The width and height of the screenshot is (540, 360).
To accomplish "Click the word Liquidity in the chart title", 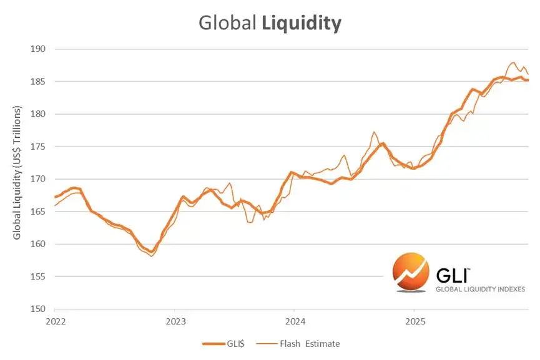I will [302, 23].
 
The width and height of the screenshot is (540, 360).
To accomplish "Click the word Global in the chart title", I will [227, 23].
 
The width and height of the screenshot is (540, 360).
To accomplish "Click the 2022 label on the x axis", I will [56, 321].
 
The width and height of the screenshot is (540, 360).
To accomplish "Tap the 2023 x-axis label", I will [175, 321].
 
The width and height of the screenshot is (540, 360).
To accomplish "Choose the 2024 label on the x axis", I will [295, 321].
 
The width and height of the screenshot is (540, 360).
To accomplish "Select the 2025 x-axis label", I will [415, 321].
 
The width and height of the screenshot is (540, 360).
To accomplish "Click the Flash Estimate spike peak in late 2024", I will [374, 132].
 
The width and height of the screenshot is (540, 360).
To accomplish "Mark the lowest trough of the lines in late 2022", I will [152, 255].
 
